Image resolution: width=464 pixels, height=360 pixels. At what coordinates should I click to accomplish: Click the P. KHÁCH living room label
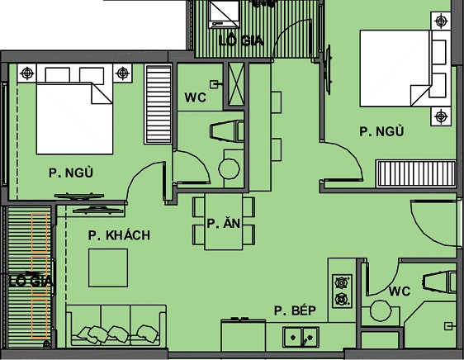[119, 235]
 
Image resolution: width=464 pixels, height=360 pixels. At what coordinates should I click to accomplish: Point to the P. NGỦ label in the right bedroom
[381, 130]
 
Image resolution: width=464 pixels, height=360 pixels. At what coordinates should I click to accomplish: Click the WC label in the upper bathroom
[195, 97]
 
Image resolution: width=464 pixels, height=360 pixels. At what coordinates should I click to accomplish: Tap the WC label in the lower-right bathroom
[400, 291]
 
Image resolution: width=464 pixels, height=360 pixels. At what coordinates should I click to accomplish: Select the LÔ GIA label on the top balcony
[241, 40]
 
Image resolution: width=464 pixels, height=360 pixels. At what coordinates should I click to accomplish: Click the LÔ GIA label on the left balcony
[31, 282]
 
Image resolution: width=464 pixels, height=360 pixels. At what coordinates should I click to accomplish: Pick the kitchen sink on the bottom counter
[299, 336]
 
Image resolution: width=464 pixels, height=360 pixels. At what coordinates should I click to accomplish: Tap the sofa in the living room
[116, 325]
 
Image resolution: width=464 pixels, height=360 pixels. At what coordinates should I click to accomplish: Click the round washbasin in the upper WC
[228, 168]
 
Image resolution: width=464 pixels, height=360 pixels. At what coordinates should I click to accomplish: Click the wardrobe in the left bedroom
[156, 103]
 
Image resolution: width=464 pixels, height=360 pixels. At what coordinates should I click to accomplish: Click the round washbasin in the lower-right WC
[381, 312]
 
